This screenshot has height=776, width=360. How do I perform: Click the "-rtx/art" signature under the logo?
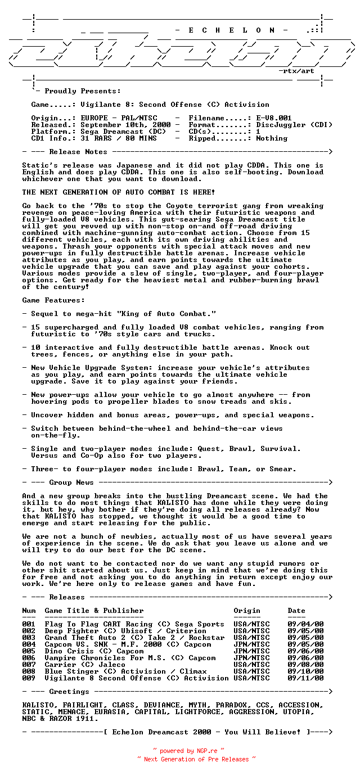[x=296, y=71]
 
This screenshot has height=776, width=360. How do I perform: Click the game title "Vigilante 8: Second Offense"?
[x=141, y=105]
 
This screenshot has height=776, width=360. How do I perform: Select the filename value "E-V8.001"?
[x=274, y=118]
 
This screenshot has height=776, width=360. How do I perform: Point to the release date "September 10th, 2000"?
[x=125, y=125]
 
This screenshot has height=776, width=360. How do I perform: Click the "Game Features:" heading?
[x=53, y=300]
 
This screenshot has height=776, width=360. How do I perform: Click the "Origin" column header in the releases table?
[x=247, y=611]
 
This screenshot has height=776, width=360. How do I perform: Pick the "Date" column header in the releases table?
[x=296, y=611]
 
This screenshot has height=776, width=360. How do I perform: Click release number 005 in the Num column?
[x=29, y=651]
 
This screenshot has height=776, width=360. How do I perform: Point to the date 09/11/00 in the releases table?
[x=305, y=678]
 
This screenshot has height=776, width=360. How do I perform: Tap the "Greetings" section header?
[x=69, y=692]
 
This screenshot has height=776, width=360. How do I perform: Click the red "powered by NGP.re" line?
[x=188, y=751]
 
